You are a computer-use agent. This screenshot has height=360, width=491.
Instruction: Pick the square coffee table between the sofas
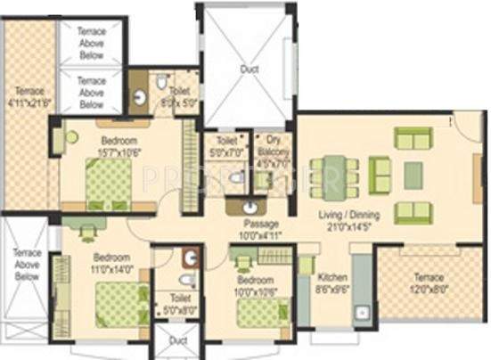tap(413, 175)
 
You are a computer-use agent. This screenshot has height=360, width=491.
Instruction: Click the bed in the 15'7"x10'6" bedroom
tap(109, 182)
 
